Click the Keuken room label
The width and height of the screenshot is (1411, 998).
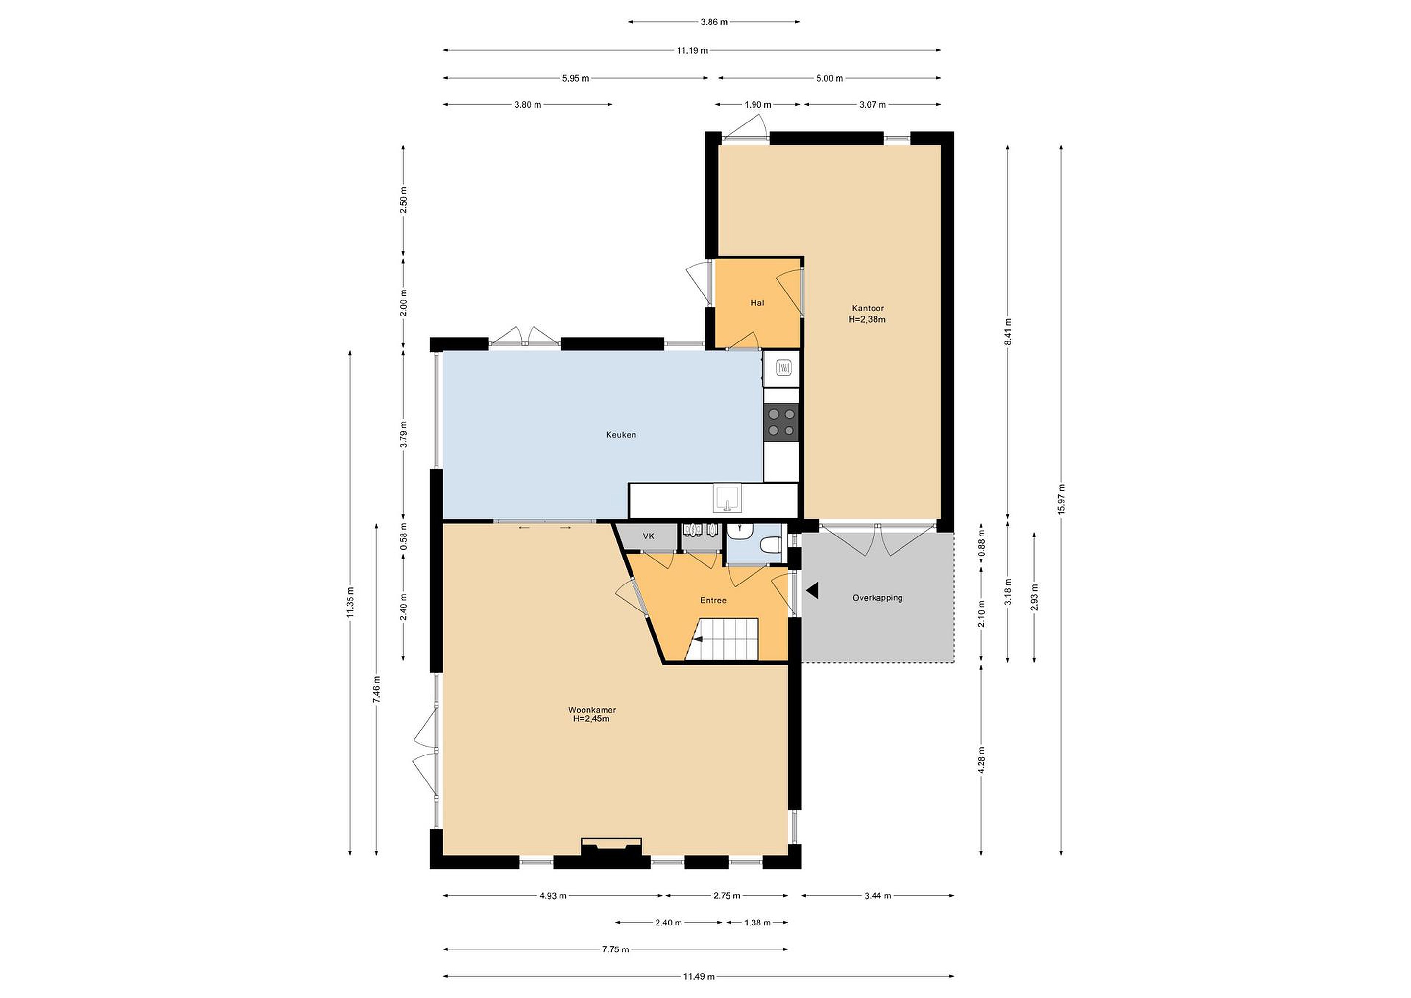point(621,435)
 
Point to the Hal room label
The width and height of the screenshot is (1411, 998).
point(757,302)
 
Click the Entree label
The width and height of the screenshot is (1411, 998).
point(713,600)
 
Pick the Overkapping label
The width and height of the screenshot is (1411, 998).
point(877,597)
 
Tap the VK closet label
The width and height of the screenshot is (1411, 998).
point(648,536)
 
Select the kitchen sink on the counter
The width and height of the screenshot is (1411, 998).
point(728,498)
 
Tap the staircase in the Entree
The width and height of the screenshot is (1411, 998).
point(722,640)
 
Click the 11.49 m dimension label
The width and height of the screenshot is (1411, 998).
point(699,976)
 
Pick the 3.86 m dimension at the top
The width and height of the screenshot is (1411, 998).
point(714,22)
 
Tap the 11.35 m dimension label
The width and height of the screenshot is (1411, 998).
point(350,603)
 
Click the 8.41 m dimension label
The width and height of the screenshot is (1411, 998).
point(1008,332)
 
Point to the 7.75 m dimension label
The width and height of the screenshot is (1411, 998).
point(615,949)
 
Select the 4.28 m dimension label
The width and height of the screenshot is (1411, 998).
point(981,759)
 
